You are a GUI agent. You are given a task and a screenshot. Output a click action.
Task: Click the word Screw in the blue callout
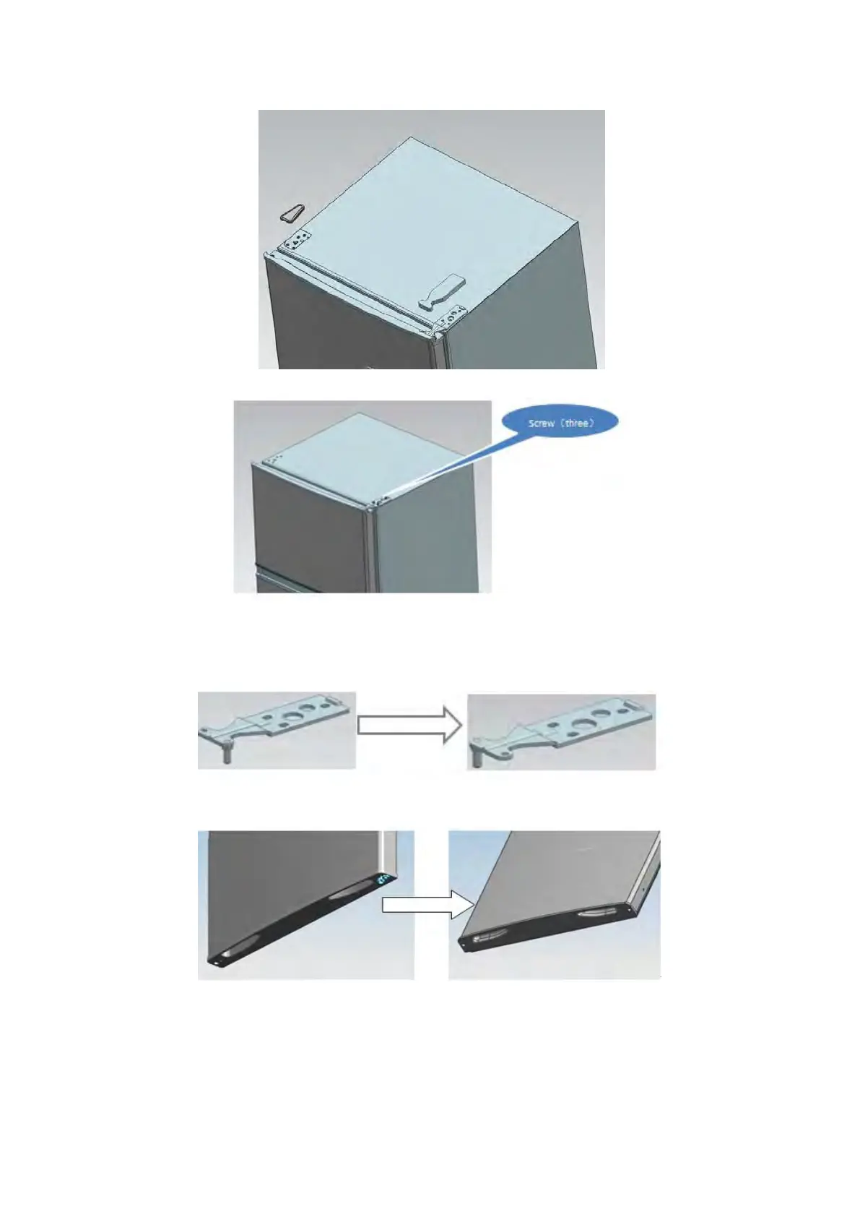coord(541,423)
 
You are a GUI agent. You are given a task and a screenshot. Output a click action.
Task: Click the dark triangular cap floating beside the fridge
coord(292,212)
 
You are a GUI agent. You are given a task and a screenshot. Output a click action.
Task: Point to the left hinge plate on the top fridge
coord(297,240)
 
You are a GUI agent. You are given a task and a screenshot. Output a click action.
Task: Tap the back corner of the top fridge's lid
coord(411,137)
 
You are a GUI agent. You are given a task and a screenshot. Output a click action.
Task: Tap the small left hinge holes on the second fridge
coord(274,458)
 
